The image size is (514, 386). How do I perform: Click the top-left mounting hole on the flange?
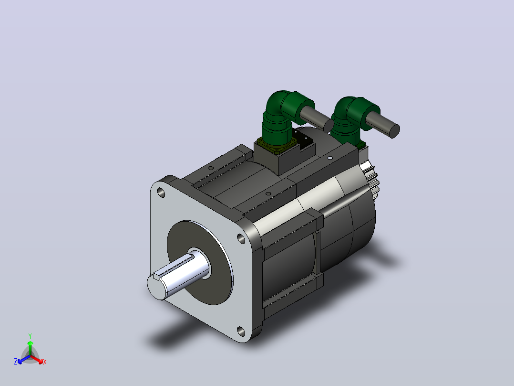click(161, 193)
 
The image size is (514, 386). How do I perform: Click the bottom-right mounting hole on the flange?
click(241, 332)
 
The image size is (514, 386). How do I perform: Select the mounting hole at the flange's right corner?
click(241, 239)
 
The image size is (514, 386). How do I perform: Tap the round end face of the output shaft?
click(156, 287)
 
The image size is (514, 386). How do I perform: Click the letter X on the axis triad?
click(45, 362)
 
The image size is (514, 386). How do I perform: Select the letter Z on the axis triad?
click(15, 361)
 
